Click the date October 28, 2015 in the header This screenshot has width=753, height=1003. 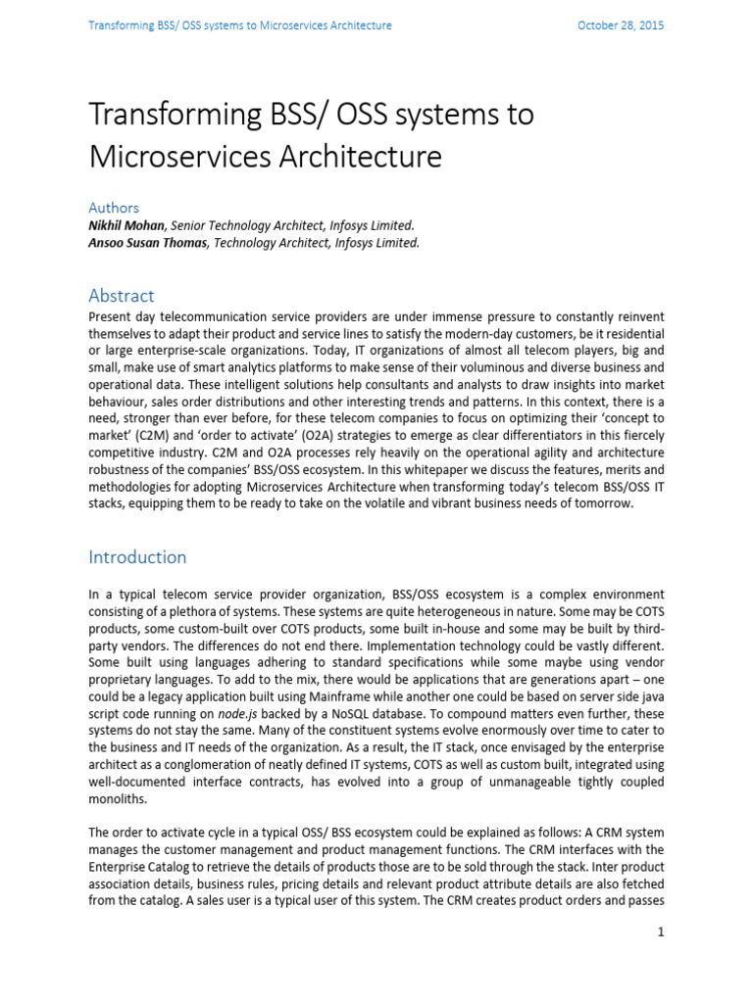pyautogui.click(x=621, y=25)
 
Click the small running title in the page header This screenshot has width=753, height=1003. pyautogui.click(x=240, y=25)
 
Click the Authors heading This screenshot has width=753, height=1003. pyautogui.click(x=114, y=208)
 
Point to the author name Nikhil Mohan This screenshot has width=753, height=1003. pyautogui.click(x=125, y=225)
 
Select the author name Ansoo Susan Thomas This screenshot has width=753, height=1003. pyautogui.click(x=148, y=243)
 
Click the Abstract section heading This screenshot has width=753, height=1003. pyautogui.click(x=122, y=295)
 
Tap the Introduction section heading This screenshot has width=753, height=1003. pyautogui.click(x=137, y=557)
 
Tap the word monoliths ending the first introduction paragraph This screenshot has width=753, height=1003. pyautogui.click(x=120, y=799)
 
